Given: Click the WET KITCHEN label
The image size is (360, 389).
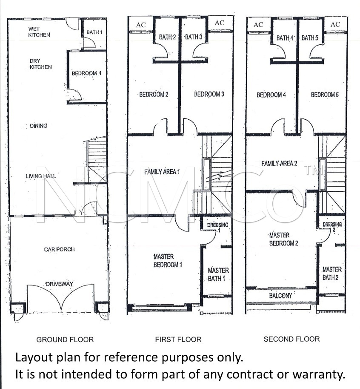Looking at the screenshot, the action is [x=39, y=32].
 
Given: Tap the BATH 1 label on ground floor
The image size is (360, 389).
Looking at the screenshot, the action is [x=94, y=32].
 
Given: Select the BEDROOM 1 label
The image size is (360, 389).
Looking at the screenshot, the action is [x=86, y=73].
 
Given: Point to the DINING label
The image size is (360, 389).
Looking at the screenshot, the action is [x=38, y=126].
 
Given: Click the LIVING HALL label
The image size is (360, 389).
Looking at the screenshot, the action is [x=41, y=176].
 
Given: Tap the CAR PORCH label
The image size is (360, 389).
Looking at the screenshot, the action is [x=59, y=249].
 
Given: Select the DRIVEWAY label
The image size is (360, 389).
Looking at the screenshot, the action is [x=60, y=284].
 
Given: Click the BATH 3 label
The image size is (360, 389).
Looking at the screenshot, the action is [x=194, y=37].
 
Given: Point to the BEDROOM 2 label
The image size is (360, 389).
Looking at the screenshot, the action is [x=154, y=95].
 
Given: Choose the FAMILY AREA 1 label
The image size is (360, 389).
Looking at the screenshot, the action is [x=162, y=172].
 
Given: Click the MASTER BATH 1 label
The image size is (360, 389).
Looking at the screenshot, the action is [x=218, y=274].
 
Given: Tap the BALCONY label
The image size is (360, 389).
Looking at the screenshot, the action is [x=280, y=295].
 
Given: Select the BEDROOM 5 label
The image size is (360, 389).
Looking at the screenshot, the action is [x=325, y=95].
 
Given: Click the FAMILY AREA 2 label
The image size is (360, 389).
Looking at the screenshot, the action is [x=279, y=164].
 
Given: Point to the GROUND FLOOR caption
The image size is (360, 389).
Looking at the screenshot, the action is [x=65, y=340].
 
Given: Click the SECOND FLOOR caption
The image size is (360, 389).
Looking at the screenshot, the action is [x=291, y=339].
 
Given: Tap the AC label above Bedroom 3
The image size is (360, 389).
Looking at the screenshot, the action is [x=220, y=23].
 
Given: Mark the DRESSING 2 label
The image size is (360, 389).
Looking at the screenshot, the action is [x=332, y=227].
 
